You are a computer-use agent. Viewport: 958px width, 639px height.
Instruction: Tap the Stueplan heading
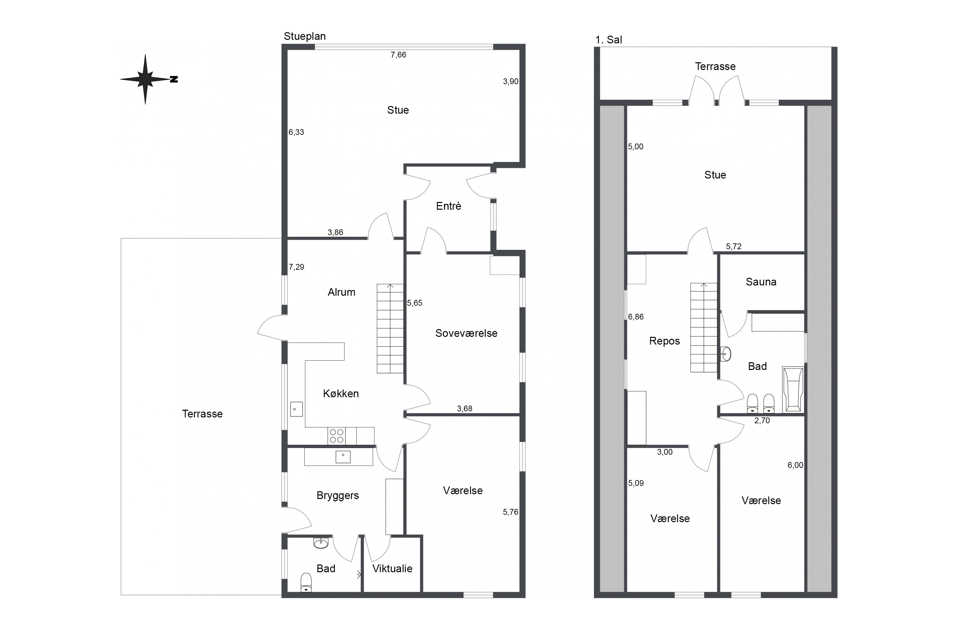(x=305, y=36)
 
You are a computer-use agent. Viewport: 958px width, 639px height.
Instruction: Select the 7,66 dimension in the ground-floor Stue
(x=398, y=55)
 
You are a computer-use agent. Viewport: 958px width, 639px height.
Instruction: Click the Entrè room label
(x=449, y=206)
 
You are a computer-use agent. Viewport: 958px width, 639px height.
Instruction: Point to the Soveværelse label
(x=466, y=333)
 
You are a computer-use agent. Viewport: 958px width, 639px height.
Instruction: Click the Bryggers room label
(x=338, y=495)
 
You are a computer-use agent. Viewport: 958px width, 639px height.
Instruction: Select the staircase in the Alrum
(x=390, y=328)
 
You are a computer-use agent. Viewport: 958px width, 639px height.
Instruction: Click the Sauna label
(x=761, y=282)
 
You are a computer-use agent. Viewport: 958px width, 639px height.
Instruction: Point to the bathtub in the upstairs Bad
(x=793, y=390)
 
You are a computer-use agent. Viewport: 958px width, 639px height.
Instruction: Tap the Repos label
(x=665, y=341)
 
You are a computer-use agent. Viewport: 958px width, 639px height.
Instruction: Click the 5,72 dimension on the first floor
(x=734, y=247)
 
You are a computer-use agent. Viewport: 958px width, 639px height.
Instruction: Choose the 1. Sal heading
(x=609, y=40)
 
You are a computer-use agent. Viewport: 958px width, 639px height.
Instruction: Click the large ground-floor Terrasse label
(x=203, y=414)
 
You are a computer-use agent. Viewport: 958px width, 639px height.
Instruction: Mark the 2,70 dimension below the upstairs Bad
(x=762, y=421)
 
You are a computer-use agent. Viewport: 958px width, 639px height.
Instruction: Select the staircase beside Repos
(x=704, y=328)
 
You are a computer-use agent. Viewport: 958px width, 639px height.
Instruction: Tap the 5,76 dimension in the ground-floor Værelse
(x=510, y=512)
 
